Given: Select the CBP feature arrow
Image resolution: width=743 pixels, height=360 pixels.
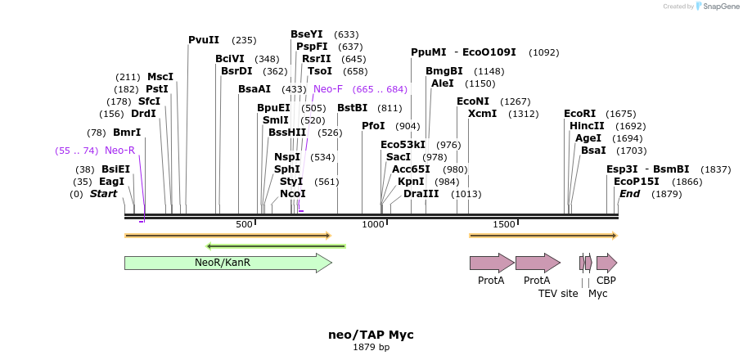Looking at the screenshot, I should [606, 263].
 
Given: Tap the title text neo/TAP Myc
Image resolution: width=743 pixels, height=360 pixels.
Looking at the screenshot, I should [371, 335].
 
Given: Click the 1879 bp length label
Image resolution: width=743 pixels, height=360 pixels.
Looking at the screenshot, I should [371, 348].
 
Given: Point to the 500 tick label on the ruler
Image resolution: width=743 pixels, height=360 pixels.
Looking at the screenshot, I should [244, 224].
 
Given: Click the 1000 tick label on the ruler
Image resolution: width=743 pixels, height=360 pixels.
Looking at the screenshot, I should [372, 224].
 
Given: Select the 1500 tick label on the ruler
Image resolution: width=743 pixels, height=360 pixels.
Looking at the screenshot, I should [504, 224].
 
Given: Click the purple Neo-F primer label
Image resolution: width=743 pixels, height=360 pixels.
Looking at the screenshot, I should [327, 89].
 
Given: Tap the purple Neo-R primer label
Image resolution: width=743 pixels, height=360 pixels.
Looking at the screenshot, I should [119, 151].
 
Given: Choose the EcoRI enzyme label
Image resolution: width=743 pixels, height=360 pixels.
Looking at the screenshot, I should [579, 114].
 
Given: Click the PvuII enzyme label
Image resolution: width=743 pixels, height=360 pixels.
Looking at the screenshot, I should [204, 39].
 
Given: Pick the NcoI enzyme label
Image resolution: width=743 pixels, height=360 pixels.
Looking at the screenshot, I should [292, 194].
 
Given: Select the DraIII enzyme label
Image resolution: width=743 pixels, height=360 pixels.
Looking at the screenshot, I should [421, 194].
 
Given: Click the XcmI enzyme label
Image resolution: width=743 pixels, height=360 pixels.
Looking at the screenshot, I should [482, 114].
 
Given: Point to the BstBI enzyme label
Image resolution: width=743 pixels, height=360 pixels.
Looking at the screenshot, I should [352, 108].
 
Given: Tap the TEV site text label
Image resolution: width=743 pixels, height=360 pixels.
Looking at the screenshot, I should [558, 293].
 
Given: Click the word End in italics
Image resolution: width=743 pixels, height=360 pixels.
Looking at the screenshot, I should [629, 194].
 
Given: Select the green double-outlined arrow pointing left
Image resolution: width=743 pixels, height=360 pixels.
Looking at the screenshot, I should [276, 245].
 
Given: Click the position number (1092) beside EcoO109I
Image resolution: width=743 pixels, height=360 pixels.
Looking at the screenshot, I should [543, 52].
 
